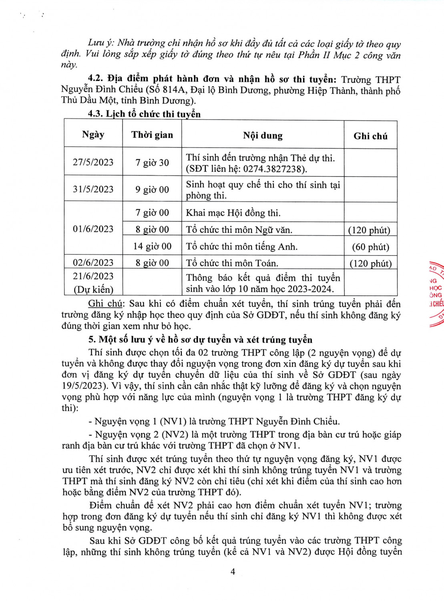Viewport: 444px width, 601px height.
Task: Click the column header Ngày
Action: (93, 135)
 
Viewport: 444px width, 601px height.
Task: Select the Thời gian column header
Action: (152, 135)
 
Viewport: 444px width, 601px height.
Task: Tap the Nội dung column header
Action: (263, 136)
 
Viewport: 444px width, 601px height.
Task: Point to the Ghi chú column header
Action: (370, 136)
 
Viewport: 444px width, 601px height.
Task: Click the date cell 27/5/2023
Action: (93, 162)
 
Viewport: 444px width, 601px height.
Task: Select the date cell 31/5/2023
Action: (93, 189)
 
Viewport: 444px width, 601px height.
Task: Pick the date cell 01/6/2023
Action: (93, 229)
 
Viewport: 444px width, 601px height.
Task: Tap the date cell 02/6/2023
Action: (93, 262)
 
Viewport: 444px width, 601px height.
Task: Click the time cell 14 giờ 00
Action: (152, 246)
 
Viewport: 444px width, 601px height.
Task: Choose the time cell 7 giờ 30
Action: (152, 163)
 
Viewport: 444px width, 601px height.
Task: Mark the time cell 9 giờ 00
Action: (152, 190)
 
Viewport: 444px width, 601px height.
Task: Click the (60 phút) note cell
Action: (370, 247)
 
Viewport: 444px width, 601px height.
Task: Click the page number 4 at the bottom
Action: (233, 571)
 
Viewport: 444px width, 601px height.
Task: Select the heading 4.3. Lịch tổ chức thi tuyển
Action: (144, 114)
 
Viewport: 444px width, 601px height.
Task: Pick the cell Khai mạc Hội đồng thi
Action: (233, 213)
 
